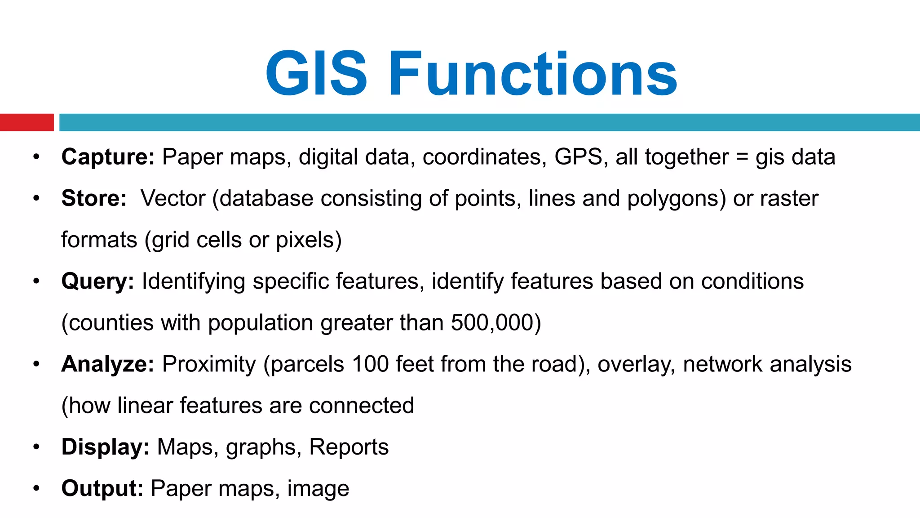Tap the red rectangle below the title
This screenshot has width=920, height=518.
(x=27, y=122)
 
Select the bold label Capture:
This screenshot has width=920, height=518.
(x=108, y=157)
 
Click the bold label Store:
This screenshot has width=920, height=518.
(x=94, y=198)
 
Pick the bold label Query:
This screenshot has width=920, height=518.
(x=97, y=281)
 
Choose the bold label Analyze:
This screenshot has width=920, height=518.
(x=108, y=364)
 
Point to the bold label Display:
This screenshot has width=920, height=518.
(x=105, y=447)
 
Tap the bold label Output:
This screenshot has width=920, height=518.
(x=102, y=488)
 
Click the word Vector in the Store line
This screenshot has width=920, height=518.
(x=173, y=198)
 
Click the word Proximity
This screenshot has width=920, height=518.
(x=209, y=364)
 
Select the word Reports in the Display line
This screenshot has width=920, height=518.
(x=349, y=447)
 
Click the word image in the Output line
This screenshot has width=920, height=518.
(x=318, y=488)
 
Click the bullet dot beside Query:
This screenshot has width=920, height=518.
(x=36, y=281)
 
